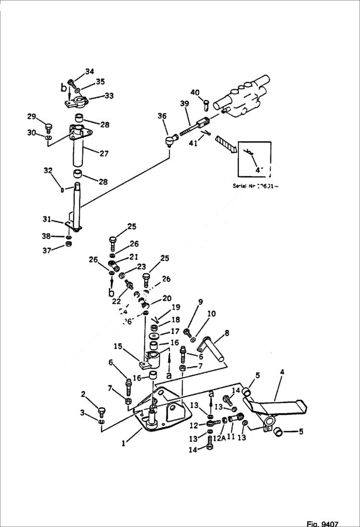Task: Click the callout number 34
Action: point(89,72)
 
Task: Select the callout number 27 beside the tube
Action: point(103,154)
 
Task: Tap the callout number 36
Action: point(162,116)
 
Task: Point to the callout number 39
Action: point(185,104)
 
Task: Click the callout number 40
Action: point(195,92)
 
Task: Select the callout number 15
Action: point(117,346)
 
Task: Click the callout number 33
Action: point(109,96)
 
